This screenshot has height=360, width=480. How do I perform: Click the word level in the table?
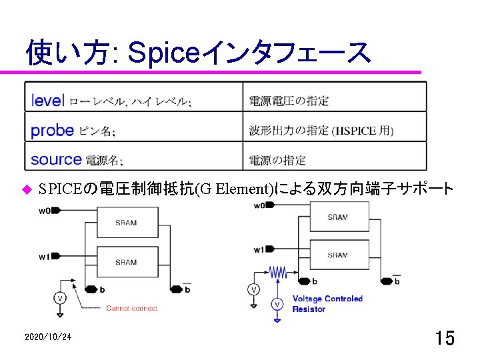[x=48, y=101]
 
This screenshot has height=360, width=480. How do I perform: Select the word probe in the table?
[x=52, y=130]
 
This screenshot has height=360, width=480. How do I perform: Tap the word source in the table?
[x=56, y=159]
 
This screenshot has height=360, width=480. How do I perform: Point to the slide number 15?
[x=445, y=338]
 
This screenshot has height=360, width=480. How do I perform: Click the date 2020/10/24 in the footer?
[x=47, y=338]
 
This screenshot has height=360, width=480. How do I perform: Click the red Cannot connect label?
[x=132, y=308]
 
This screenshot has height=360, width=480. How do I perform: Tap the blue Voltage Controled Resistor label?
[x=327, y=304]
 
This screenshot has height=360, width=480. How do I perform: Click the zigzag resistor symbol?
[x=277, y=272]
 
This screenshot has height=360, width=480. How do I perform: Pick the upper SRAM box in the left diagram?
[x=126, y=222]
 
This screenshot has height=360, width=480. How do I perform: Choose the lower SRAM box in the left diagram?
[x=126, y=261]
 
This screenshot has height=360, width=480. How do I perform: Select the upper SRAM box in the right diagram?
[x=337, y=217]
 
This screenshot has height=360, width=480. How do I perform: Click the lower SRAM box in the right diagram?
[x=337, y=255]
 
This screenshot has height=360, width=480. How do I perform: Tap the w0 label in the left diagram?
[x=45, y=211]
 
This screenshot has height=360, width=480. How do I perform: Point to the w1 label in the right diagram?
[x=259, y=249]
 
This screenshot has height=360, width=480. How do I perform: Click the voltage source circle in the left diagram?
[x=60, y=297]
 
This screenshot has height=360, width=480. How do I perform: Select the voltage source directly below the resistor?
[x=277, y=305]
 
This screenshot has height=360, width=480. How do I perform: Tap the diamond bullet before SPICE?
[x=27, y=189]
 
